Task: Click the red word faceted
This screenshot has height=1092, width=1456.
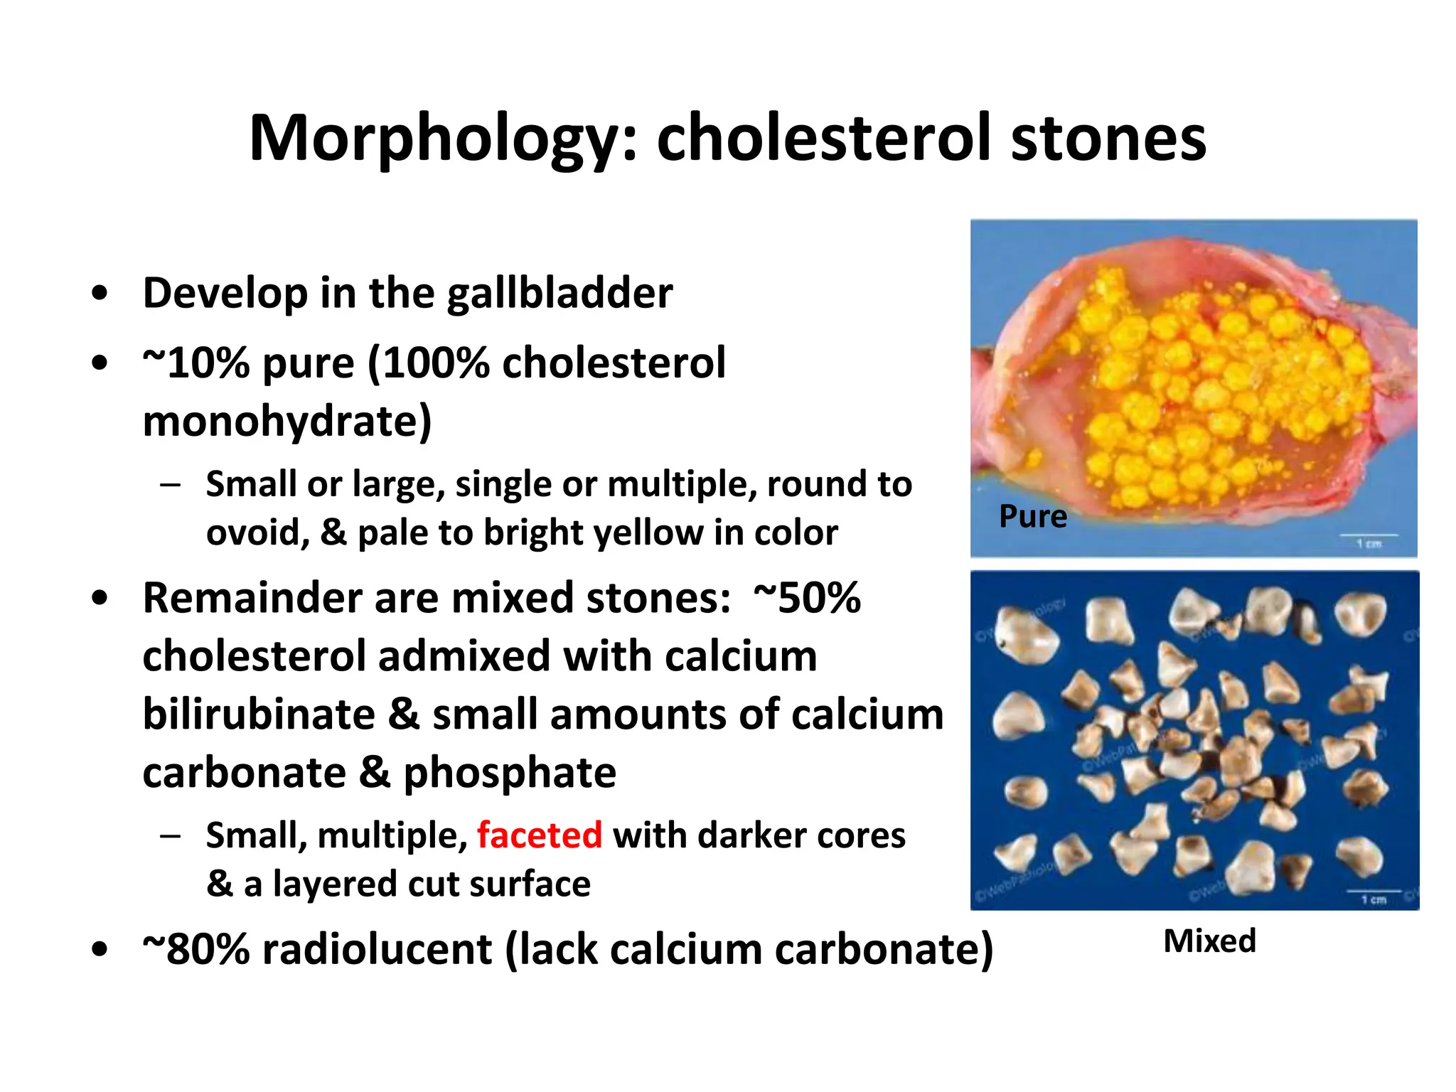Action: point(539,835)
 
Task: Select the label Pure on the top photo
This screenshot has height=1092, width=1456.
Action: point(1032,516)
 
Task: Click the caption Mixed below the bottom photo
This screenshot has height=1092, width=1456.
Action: point(1209,941)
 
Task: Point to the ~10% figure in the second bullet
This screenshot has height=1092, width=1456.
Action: point(196,363)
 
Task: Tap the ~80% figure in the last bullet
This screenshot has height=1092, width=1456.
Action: point(196,950)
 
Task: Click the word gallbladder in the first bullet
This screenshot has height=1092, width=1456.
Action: point(560,294)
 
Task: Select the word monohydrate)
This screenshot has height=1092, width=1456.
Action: point(287,422)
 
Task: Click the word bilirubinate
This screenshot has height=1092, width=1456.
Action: point(259,714)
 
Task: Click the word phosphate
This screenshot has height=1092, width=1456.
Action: point(509,773)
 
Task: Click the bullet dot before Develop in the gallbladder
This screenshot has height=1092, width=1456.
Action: point(100,294)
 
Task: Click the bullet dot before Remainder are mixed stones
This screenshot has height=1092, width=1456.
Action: point(100,599)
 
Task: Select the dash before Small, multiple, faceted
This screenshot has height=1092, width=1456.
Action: point(170,836)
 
